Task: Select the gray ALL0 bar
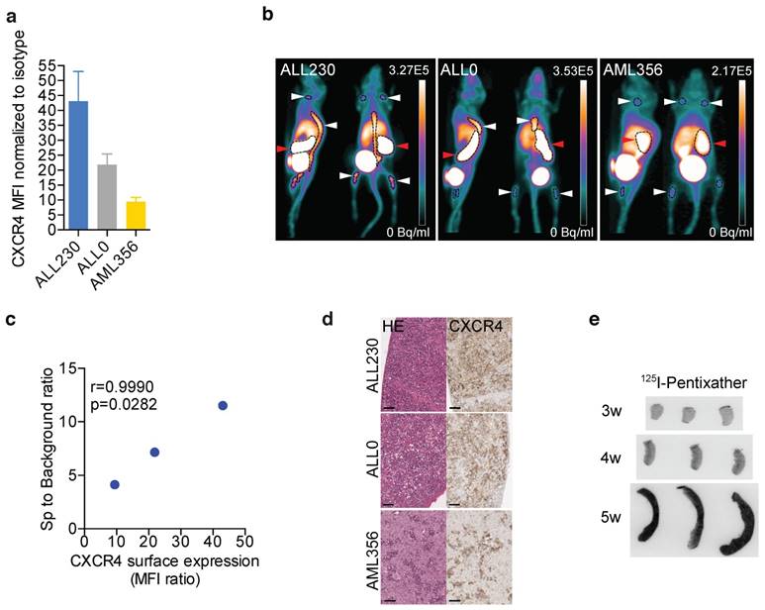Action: coord(107,197)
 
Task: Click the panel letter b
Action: coord(266,16)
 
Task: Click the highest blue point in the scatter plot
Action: coord(223,406)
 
